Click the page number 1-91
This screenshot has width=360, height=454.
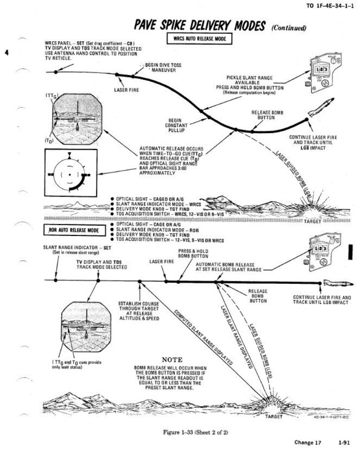click(346, 443)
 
